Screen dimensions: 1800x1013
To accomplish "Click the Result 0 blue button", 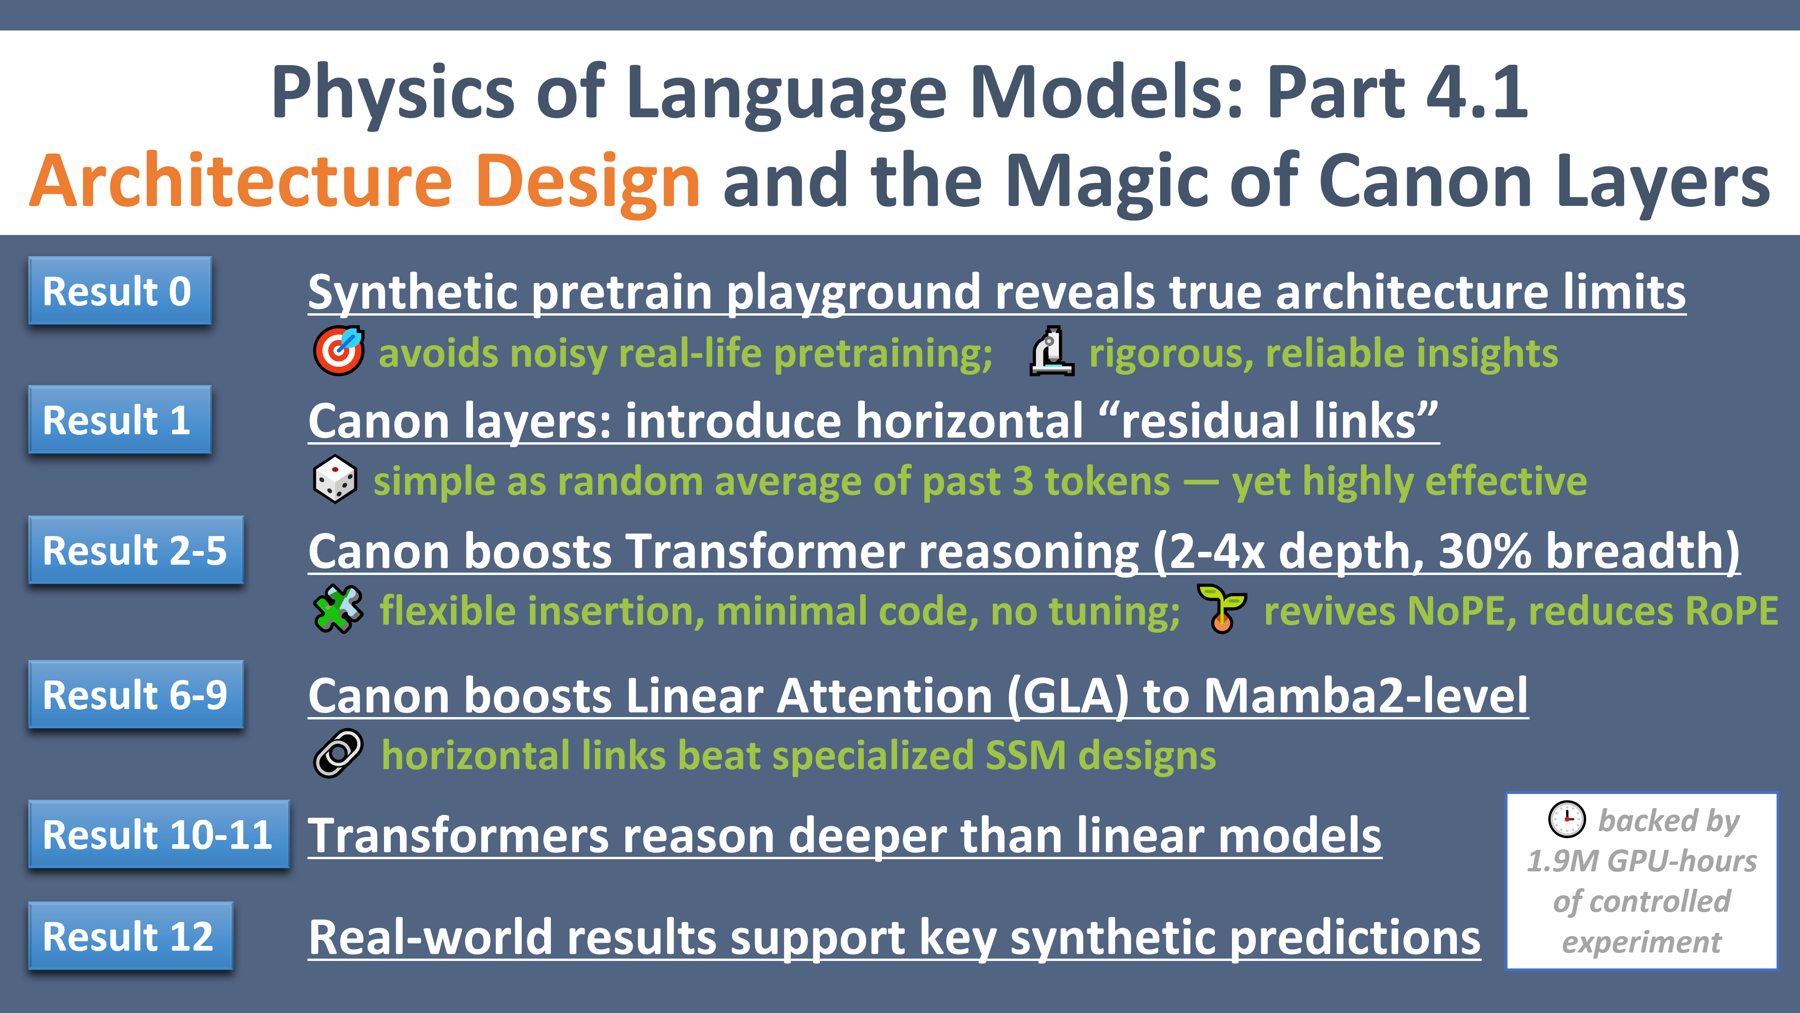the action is pyautogui.click(x=120, y=290).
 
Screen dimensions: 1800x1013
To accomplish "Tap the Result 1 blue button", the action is pyautogui.click(x=120, y=419).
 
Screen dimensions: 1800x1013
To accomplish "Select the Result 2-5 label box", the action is pyautogui.click(x=135, y=550).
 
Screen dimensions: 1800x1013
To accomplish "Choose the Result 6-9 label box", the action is pyautogui.click(x=135, y=694).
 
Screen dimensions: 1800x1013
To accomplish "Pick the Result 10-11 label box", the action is pyautogui.click(x=158, y=834).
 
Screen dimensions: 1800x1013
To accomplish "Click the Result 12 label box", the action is pyautogui.click(x=130, y=936).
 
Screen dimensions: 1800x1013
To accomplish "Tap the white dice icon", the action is pyautogui.click(x=336, y=480).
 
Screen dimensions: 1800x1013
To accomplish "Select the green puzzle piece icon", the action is pyautogui.click(x=338, y=609).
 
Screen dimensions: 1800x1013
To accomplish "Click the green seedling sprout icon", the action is pyautogui.click(x=1222, y=609).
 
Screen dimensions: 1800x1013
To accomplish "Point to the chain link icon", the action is pyautogui.click(x=338, y=754).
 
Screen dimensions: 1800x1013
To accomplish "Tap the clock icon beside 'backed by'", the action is pyautogui.click(x=1567, y=819).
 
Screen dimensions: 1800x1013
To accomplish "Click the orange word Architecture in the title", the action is pyautogui.click(x=242, y=181).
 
